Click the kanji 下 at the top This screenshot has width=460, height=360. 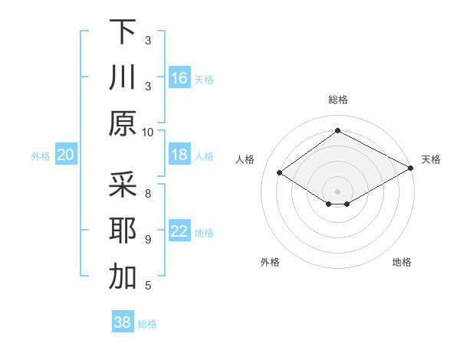123,31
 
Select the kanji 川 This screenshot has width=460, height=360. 123,77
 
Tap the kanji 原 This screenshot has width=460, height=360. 123,123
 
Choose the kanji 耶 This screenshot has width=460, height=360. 123,231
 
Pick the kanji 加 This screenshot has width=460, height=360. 123,277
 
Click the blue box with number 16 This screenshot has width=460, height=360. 179,78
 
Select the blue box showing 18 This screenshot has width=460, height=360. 179,155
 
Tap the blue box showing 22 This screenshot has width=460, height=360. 179,232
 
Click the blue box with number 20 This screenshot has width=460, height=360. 65,155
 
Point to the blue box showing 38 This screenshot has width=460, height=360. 123,323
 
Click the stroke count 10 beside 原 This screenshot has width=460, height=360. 148,132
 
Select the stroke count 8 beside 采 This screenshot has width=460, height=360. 148,193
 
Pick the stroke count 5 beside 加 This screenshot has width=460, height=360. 148,286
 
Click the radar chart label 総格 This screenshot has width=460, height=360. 337,100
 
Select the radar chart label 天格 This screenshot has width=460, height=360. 431,159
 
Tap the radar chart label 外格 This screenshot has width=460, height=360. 270,262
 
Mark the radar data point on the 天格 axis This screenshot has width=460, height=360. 411,168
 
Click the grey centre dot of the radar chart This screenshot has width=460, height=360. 337,191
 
